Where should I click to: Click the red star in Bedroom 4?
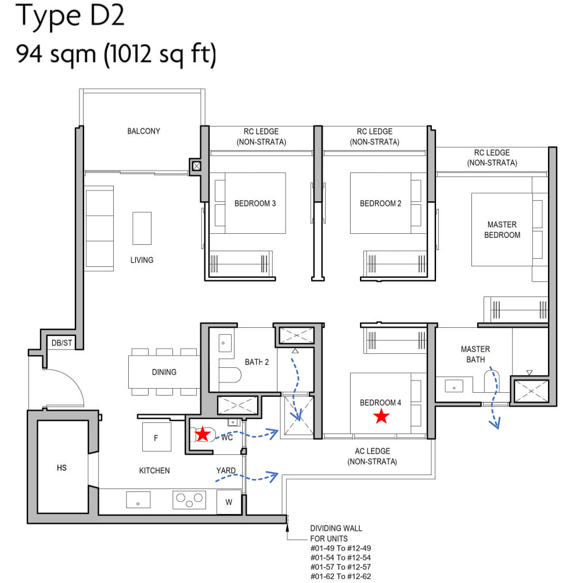(x=381, y=416)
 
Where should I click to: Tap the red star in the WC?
(x=202, y=434)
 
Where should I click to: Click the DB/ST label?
(x=62, y=343)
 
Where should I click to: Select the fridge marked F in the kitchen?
(x=156, y=437)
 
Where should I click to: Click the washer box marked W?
(x=229, y=502)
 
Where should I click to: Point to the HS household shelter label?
(x=62, y=467)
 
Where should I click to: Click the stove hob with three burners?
(x=190, y=499)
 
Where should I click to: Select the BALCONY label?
(x=143, y=131)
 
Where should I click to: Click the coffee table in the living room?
(x=142, y=228)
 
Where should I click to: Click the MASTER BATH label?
(x=475, y=354)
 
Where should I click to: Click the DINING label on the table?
(x=164, y=372)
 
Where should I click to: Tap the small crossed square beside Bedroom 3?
(x=197, y=166)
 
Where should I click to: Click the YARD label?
(x=226, y=470)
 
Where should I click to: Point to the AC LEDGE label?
(x=372, y=456)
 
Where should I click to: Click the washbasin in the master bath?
(x=452, y=385)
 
